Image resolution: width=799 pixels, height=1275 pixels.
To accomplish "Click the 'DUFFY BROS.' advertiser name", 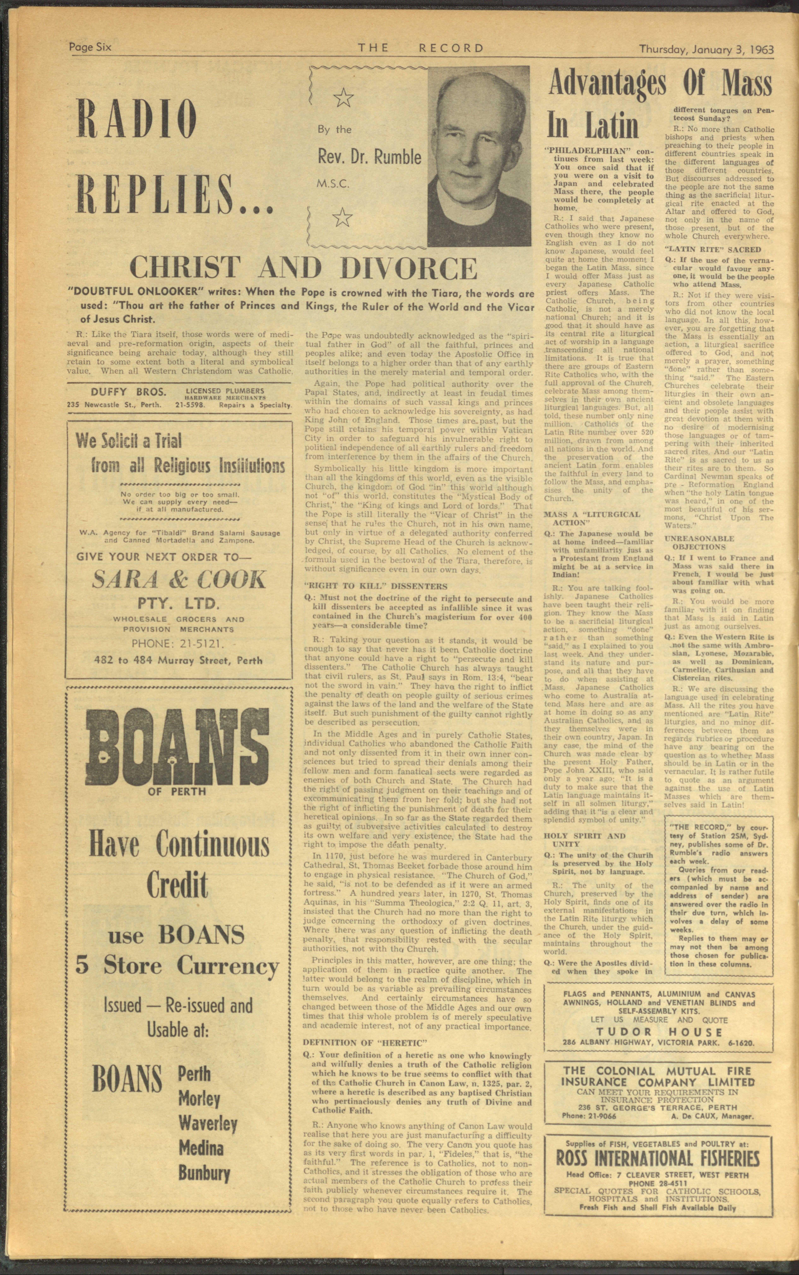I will click(121, 392).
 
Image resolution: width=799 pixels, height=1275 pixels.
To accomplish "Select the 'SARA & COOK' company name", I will click(179, 580).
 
